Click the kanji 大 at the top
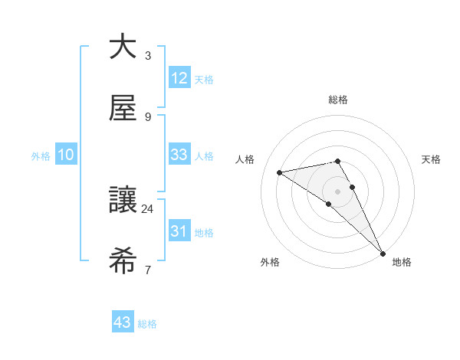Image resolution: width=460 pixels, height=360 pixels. pyautogui.click(x=123, y=47)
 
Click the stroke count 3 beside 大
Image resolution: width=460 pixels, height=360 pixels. pyautogui.click(x=147, y=56)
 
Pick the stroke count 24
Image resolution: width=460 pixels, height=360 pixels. pyautogui.click(x=147, y=208)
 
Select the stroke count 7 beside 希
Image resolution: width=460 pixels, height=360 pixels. pyautogui.click(x=147, y=270)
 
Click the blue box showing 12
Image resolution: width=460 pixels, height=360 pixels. pyautogui.click(x=179, y=78)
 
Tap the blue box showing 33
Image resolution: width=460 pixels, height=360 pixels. pyautogui.click(x=179, y=155)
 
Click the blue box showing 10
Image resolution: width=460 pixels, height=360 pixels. pyautogui.click(x=66, y=155)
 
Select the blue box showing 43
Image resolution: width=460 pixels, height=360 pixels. pyautogui.click(x=123, y=322)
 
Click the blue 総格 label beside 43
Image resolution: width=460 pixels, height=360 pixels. pyautogui.click(x=147, y=324)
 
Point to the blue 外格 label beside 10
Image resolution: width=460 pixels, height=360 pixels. pyautogui.click(x=41, y=155)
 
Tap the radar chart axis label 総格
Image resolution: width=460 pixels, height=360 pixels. pyautogui.click(x=338, y=100)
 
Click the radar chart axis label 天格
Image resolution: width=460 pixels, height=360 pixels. pyautogui.click(x=432, y=159)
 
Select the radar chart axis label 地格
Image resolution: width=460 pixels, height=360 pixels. pyautogui.click(x=402, y=263)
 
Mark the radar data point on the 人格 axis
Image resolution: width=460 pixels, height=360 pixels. pyautogui.click(x=280, y=172)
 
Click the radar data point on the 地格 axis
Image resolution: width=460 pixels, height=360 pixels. pyautogui.click(x=383, y=254)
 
